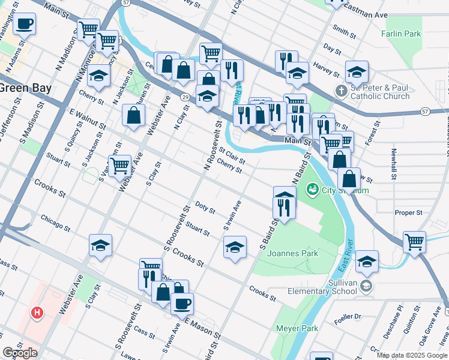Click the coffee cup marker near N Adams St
[x=25, y=24]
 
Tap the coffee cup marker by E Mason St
[x=182, y=303]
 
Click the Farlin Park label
[x=402, y=34]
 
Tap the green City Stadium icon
[x=312, y=190]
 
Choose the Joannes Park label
[x=293, y=253]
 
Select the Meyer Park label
[x=297, y=328]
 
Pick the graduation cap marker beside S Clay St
[x=101, y=245]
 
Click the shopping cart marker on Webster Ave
[x=120, y=165]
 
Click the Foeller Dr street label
[x=348, y=316]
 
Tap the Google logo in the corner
[x=20, y=353]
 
